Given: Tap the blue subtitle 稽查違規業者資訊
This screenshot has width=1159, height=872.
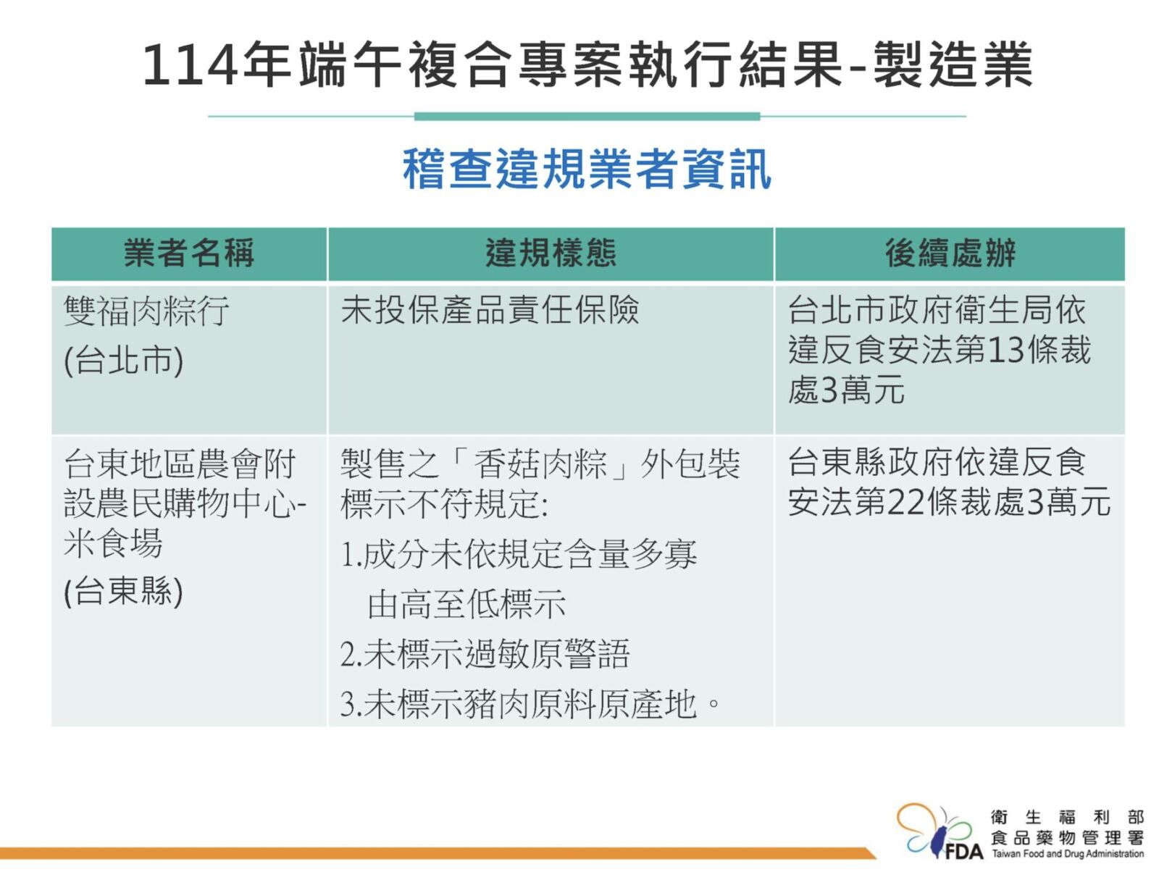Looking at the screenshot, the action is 587,169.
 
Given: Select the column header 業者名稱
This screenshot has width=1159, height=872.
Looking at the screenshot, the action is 189,253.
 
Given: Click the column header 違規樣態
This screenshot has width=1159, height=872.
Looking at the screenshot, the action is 551,253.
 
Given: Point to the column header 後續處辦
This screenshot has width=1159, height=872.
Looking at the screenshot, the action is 950,253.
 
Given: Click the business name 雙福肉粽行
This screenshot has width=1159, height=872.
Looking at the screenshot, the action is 147,311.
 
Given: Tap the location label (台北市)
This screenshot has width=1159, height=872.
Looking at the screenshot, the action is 124,361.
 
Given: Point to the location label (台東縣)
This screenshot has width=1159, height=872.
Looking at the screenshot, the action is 124,591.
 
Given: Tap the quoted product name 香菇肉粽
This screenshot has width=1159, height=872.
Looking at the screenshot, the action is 540,464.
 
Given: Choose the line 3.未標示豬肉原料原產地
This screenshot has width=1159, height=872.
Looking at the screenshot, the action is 530,704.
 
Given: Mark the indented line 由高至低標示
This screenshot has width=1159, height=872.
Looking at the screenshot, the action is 466,604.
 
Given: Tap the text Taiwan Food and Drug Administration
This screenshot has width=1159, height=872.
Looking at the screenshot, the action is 1067,853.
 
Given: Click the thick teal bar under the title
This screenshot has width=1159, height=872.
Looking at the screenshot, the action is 587,117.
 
